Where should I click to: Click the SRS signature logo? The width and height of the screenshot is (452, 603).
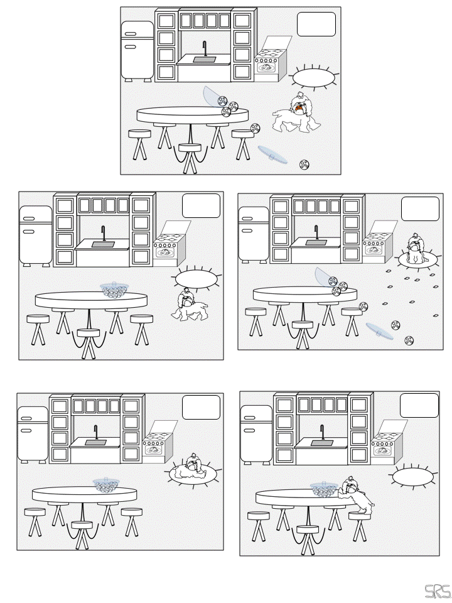(437, 592)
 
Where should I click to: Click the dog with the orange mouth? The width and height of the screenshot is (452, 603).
(297, 114)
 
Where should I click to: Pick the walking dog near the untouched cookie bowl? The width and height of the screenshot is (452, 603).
(190, 305)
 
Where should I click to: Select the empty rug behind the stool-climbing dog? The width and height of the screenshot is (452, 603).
(412, 477)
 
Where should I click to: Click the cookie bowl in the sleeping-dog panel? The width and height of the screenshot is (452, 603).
(105, 484)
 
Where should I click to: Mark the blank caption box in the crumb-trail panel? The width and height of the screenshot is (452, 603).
(420, 209)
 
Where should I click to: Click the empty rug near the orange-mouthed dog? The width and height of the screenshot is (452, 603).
(314, 77)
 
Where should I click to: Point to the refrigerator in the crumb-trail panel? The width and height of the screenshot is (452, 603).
(254, 233)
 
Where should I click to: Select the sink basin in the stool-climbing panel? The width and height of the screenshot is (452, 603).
(321, 443)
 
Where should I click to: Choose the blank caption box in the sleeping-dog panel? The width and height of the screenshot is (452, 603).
(201, 407)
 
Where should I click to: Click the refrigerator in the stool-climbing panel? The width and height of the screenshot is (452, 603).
(256, 433)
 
